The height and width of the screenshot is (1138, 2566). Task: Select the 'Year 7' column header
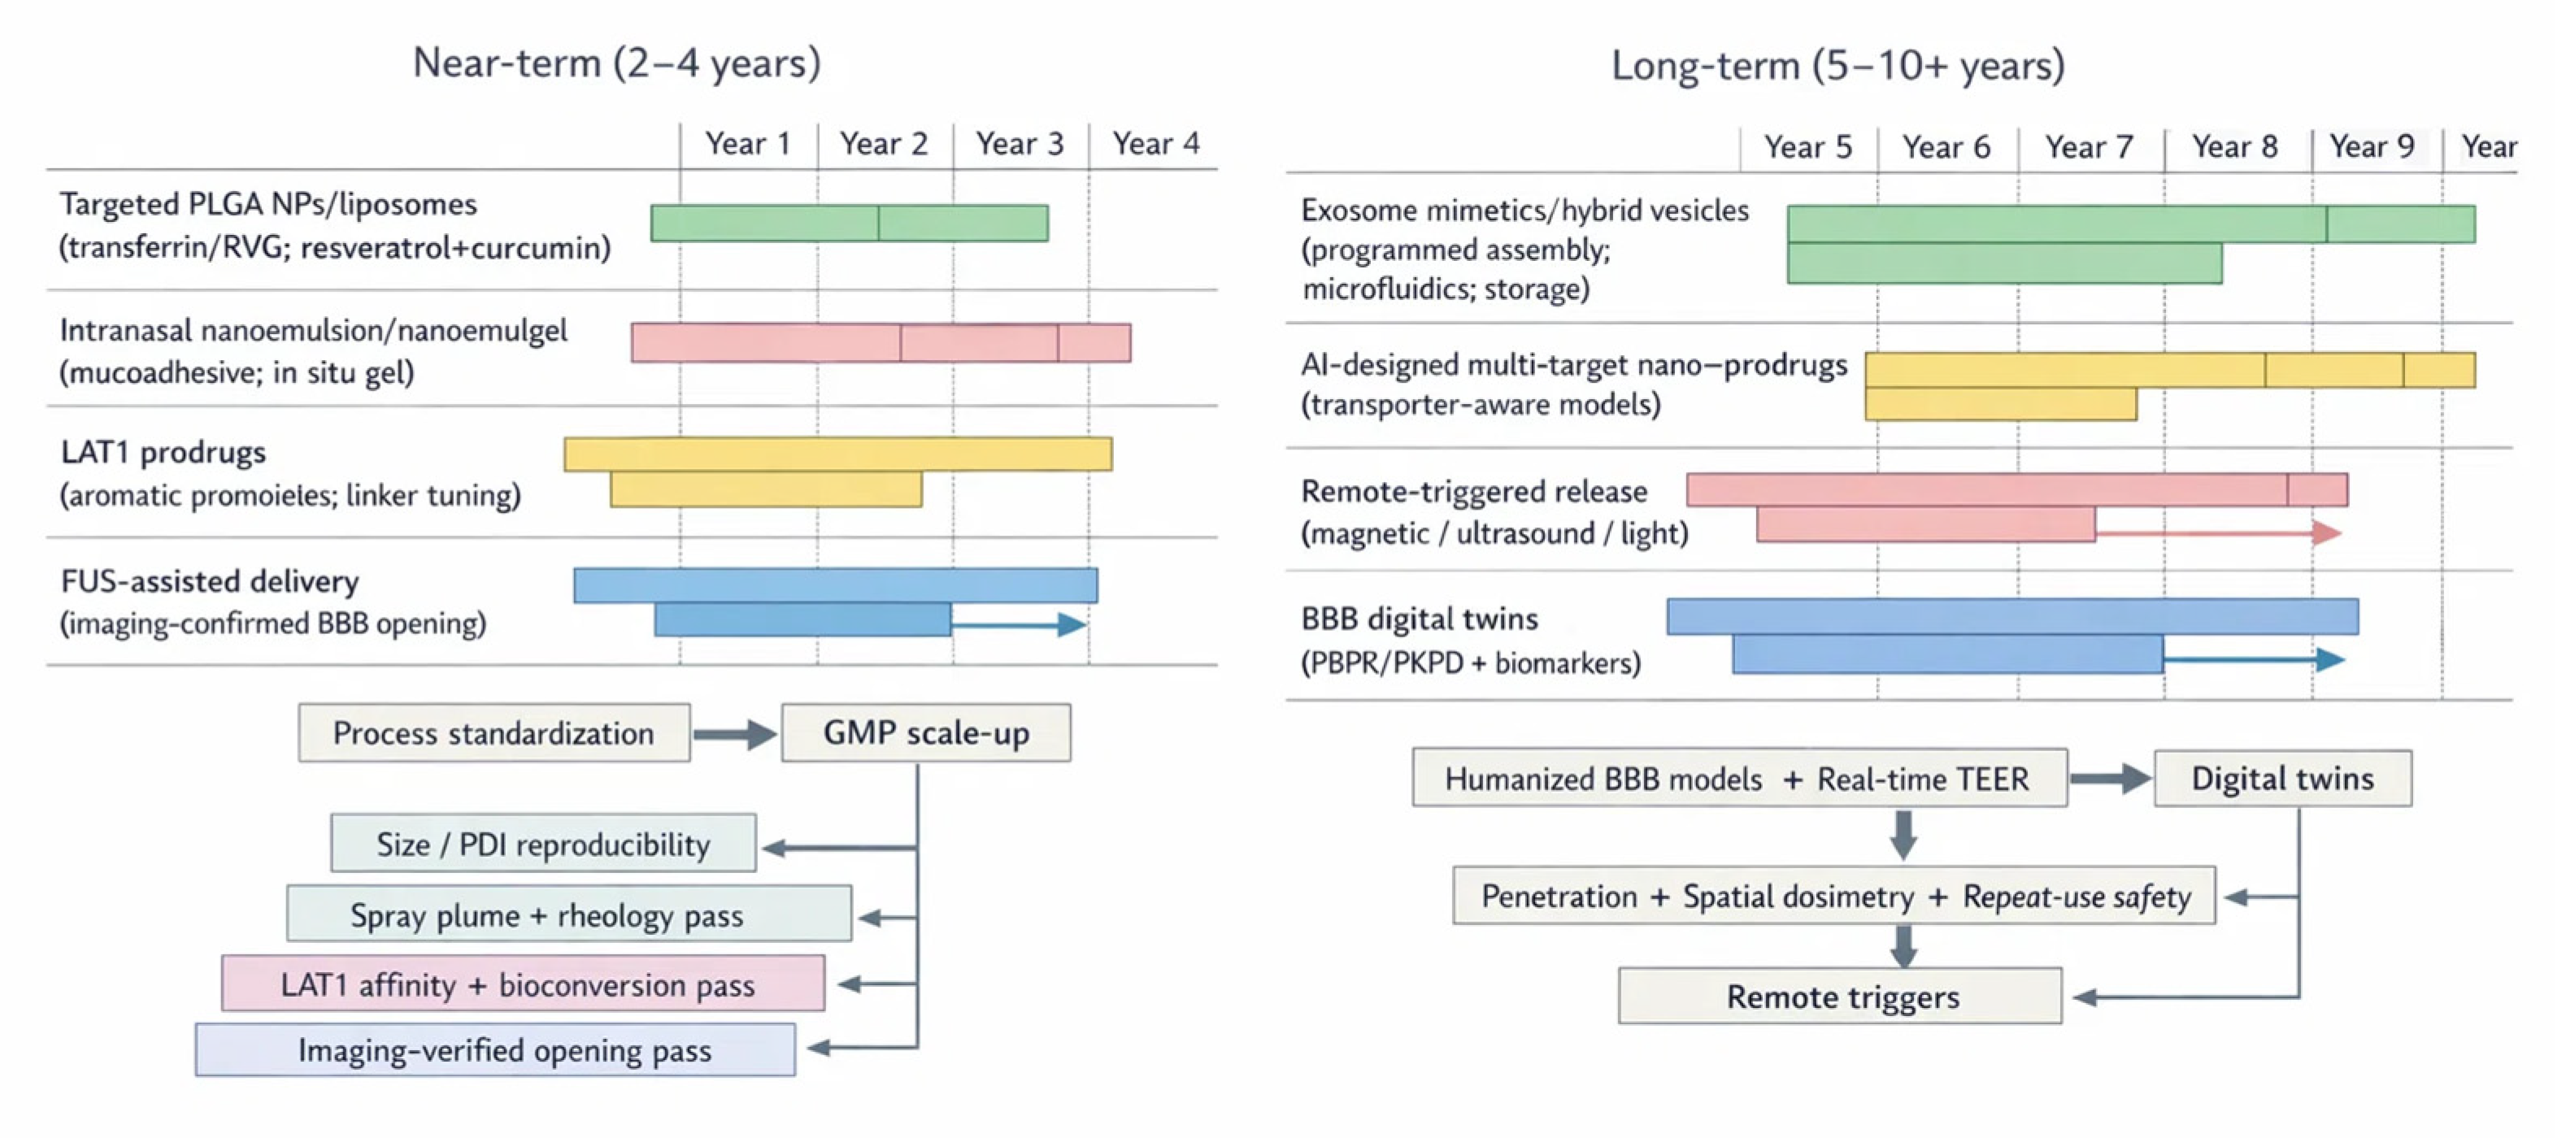point(2089,147)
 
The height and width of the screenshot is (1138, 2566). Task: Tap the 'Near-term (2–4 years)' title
point(616,63)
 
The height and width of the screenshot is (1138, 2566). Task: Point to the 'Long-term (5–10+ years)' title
point(1838,66)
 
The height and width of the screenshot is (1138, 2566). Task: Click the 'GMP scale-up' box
point(925,732)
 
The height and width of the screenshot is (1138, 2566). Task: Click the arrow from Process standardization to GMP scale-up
point(734,735)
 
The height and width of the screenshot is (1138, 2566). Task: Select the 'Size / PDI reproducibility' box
point(543,845)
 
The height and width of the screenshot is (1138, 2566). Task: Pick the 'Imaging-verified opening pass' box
point(495,1050)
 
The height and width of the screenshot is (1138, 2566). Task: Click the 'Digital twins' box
point(2282,778)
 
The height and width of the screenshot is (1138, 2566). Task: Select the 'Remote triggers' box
point(1840,996)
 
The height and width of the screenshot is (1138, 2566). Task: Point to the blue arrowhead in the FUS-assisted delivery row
point(1071,624)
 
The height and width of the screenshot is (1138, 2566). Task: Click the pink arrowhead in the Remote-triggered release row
point(2326,532)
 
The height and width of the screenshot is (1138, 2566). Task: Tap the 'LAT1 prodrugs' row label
point(163,452)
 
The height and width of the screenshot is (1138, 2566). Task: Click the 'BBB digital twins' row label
point(1419,619)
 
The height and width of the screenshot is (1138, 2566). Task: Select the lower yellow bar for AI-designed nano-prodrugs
point(2000,404)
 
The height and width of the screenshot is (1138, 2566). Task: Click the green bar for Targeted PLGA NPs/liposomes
point(849,223)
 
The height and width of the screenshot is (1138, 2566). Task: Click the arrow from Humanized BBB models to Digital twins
point(2110,779)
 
